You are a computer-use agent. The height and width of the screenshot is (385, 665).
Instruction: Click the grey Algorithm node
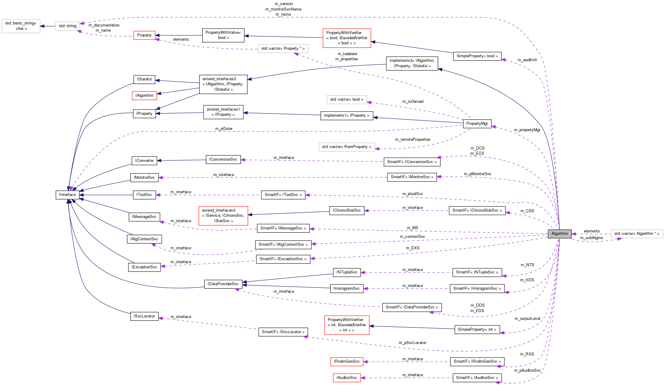click(x=559, y=234)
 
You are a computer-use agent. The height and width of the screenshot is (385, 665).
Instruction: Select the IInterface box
click(x=67, y=195)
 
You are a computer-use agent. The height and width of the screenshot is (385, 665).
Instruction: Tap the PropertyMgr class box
click(x=477, y=124)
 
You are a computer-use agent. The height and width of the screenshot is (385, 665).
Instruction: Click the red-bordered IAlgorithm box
click(x=144, y=96)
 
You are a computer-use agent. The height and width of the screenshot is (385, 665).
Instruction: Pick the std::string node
click(x=67, y=26)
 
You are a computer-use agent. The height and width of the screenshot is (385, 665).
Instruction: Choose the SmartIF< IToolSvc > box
click(x=283, y=195)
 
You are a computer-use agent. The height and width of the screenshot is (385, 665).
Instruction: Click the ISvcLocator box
click(x=144, y=316)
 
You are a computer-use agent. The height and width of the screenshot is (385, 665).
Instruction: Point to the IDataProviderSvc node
click(x=223, y=284)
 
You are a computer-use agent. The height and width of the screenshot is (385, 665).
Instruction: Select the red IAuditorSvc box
click(x=347, y=378)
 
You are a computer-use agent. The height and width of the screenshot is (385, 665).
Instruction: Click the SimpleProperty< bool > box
click(x=477, y=56)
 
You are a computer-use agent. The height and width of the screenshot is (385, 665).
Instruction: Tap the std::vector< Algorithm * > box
click(x=637, y=234)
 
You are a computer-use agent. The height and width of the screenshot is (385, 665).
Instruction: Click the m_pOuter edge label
click(x=224, y=129)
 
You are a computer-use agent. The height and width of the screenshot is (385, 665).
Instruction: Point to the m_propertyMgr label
click(x=527, y=130)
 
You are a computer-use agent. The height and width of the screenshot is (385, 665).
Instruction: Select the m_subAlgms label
click(x=591, y=238)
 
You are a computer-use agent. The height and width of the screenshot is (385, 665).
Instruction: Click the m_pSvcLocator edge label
click(x=412, y=343)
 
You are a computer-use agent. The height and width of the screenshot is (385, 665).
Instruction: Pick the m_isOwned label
click(x=413, y=102)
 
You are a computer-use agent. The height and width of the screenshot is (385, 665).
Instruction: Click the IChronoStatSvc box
click(x=347, y=210)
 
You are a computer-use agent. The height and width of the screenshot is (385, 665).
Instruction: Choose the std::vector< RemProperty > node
click(x=347, y=147)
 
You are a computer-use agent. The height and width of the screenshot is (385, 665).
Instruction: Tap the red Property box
click(x=144, y=35)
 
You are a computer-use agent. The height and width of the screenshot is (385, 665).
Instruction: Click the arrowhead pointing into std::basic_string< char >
click(x=42, y=26)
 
